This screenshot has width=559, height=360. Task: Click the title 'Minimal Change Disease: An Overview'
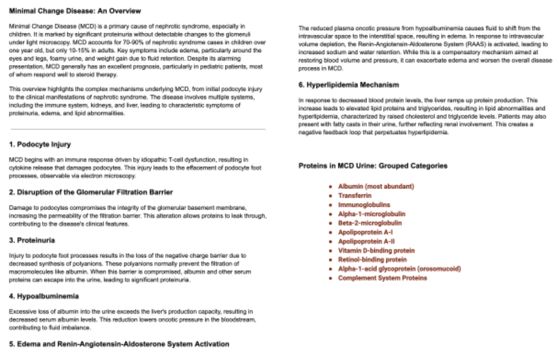(75, 11)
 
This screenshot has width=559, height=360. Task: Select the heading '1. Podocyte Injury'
(40, 145)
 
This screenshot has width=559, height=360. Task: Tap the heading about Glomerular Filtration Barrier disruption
(91, 192)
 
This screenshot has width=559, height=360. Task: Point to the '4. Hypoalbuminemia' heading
(44, 297)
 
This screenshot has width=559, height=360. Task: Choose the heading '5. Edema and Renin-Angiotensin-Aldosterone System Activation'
(119, 344)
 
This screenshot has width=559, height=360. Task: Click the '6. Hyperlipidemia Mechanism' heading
(348, 85)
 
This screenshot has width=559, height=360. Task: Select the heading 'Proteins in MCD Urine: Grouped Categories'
(373, 166)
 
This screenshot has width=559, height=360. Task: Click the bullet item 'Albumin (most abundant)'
(376, 186)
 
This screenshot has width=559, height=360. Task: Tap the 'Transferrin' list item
(355, 196)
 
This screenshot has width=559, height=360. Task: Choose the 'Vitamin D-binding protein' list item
(376, 251)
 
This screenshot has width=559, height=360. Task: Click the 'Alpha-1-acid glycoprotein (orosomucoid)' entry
(400, 269)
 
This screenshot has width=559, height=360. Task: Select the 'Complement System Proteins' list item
(383, 278)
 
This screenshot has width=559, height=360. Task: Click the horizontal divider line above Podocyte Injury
(138, 129)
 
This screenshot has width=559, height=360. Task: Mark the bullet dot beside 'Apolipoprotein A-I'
(330, 233)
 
